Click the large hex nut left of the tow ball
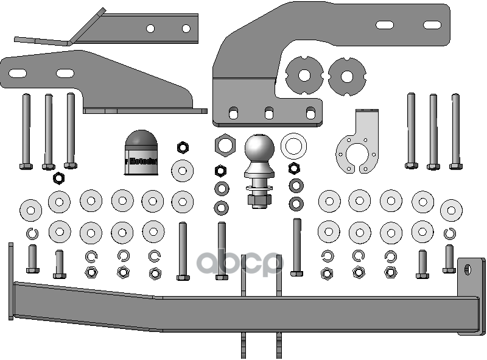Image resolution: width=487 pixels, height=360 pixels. tap(224, 145)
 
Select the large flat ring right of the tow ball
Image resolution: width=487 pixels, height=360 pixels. tap(293, 146)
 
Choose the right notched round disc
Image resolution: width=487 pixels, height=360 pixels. tap(346, 77)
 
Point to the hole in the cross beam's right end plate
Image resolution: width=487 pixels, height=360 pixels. tap(469, 268)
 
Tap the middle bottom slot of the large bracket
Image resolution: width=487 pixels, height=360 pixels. tap(268, 112)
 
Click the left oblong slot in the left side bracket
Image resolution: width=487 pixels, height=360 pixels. tap(18, 73)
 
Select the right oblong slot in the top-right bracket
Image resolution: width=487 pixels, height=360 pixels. tap(432, 25)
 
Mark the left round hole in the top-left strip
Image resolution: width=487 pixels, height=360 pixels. tap(150, 28)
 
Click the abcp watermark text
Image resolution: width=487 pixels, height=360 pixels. tap(240, 263)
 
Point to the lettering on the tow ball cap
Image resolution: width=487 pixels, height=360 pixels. tap(141, 162)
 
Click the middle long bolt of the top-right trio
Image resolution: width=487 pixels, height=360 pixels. tap(433, 130)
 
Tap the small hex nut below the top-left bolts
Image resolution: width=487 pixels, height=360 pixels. tap(58, 178)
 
